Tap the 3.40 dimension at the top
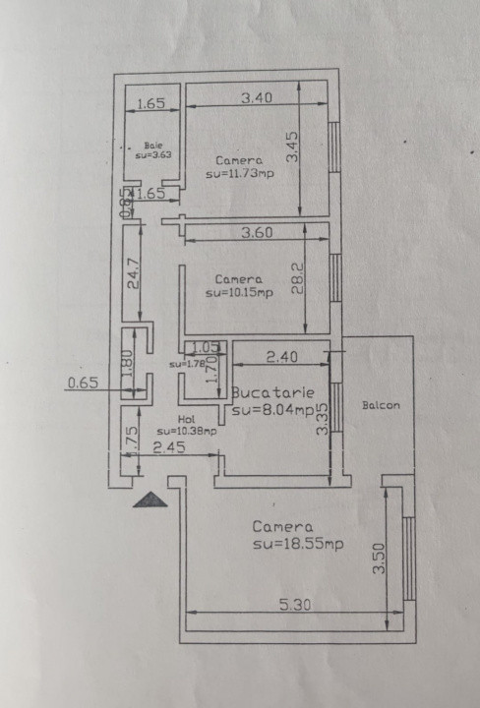256,96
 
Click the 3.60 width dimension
258,233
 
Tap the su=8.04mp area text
273,409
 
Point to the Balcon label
381,405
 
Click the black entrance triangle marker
150,499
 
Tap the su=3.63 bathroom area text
152,154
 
